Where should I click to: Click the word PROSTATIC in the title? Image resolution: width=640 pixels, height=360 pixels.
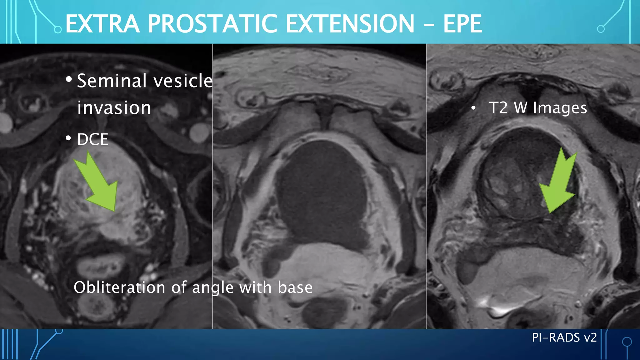[x=212, y=24]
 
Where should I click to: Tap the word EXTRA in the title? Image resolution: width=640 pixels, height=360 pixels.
[x=102, y=24]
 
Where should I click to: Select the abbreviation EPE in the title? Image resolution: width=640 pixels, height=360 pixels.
[x=462, y=24]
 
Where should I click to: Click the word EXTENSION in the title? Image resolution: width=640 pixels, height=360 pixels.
[x=350, y=24]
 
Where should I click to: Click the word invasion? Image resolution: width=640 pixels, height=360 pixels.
[x=114, y=108]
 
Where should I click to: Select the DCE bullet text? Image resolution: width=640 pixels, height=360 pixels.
[x=92, y=139]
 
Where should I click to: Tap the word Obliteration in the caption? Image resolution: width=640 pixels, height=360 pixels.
[x=119, y=287]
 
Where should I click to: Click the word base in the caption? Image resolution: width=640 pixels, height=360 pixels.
[x=295, y=287]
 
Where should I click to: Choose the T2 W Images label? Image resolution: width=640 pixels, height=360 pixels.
[x=537, y=108]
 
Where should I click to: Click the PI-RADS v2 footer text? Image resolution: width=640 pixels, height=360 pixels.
[x=564, y=337]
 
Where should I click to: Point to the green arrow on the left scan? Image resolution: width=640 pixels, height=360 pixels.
[x=98, y=184]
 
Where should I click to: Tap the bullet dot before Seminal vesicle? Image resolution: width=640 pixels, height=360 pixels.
[x=69, y=79]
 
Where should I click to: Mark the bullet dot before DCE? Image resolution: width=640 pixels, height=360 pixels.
[x=68, y=138]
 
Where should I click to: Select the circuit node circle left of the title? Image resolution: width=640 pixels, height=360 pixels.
[x=58, y=30]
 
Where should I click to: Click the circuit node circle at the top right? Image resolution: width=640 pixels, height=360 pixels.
[x=601, y=29]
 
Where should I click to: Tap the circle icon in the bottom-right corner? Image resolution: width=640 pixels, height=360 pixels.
[x=627, y=342]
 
